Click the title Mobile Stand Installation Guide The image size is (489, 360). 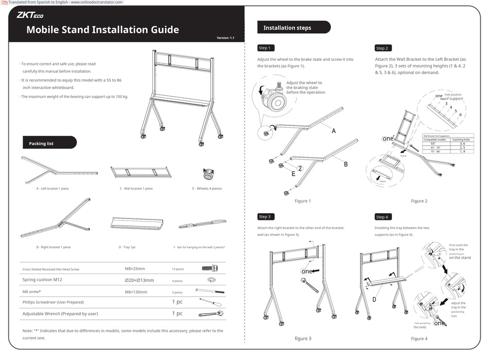pyautogui.click(x=102, y=30)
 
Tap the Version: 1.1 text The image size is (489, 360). pyautogui.click(x=225, y=38)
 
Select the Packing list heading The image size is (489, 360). pyautogui.click(x=41, y=143)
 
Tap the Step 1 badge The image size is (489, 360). pyautogui.click(x=264, y=48)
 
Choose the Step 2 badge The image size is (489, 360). pyautogui.click(x=382, y=48)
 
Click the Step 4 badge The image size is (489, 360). pyautogui.click(x=382, y=217)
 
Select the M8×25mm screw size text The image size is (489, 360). pyautogui.click(x=135, y=268)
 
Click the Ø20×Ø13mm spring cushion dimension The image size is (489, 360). pyautogui.click(x=139, y=280)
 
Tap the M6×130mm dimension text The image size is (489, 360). pyautogui.click(x=136, y=292)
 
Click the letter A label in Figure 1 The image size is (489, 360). pyautogui.click(x=334, y=131)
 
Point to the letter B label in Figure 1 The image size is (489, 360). pyautogui.click(x=346, y=164)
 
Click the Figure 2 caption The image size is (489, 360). pyautogui.click(x=419, y=201)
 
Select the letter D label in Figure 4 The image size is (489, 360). pyautogui.click(x=374, y=299)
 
